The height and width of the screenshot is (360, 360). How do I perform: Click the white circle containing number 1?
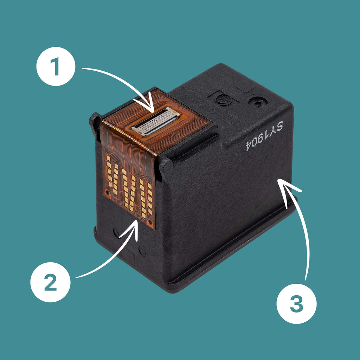tap(56, 66)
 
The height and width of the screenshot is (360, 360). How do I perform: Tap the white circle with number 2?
tap(50, 282)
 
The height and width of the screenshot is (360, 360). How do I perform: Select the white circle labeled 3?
tap(296, 304)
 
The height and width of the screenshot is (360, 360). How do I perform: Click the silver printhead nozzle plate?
tap(156, 121)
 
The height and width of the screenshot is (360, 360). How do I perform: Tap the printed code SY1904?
tap(264, 136)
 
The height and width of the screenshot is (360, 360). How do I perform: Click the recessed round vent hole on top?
tap(258, 104)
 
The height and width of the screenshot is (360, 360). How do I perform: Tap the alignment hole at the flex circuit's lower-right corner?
tap(150, 222)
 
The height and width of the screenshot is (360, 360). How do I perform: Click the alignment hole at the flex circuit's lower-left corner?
tap(107, 192)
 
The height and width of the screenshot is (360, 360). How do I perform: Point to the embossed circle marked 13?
tap(143, 252)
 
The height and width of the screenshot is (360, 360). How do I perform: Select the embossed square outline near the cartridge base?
tap(129, 256)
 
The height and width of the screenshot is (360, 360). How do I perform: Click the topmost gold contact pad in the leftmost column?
tap(108, 158)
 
